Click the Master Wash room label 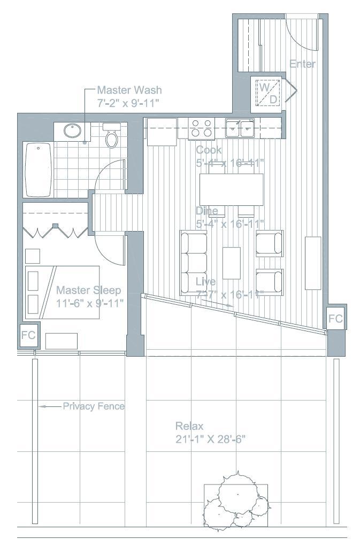tap(129, 90)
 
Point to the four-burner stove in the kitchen tap(201, 128)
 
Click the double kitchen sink tap(240, 128)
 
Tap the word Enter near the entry tap(302, 64)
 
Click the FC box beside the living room tap(335, 319)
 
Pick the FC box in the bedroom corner tap(28, 335)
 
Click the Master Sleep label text tap(89, 290)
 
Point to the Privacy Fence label tap(94, 406)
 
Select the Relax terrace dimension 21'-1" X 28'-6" tap(210, 440)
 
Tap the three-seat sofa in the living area tap(194, 263)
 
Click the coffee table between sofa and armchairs tap(232, 263)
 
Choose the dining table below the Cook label tap(232, 189)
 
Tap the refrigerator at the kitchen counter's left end tap(161, 132)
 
